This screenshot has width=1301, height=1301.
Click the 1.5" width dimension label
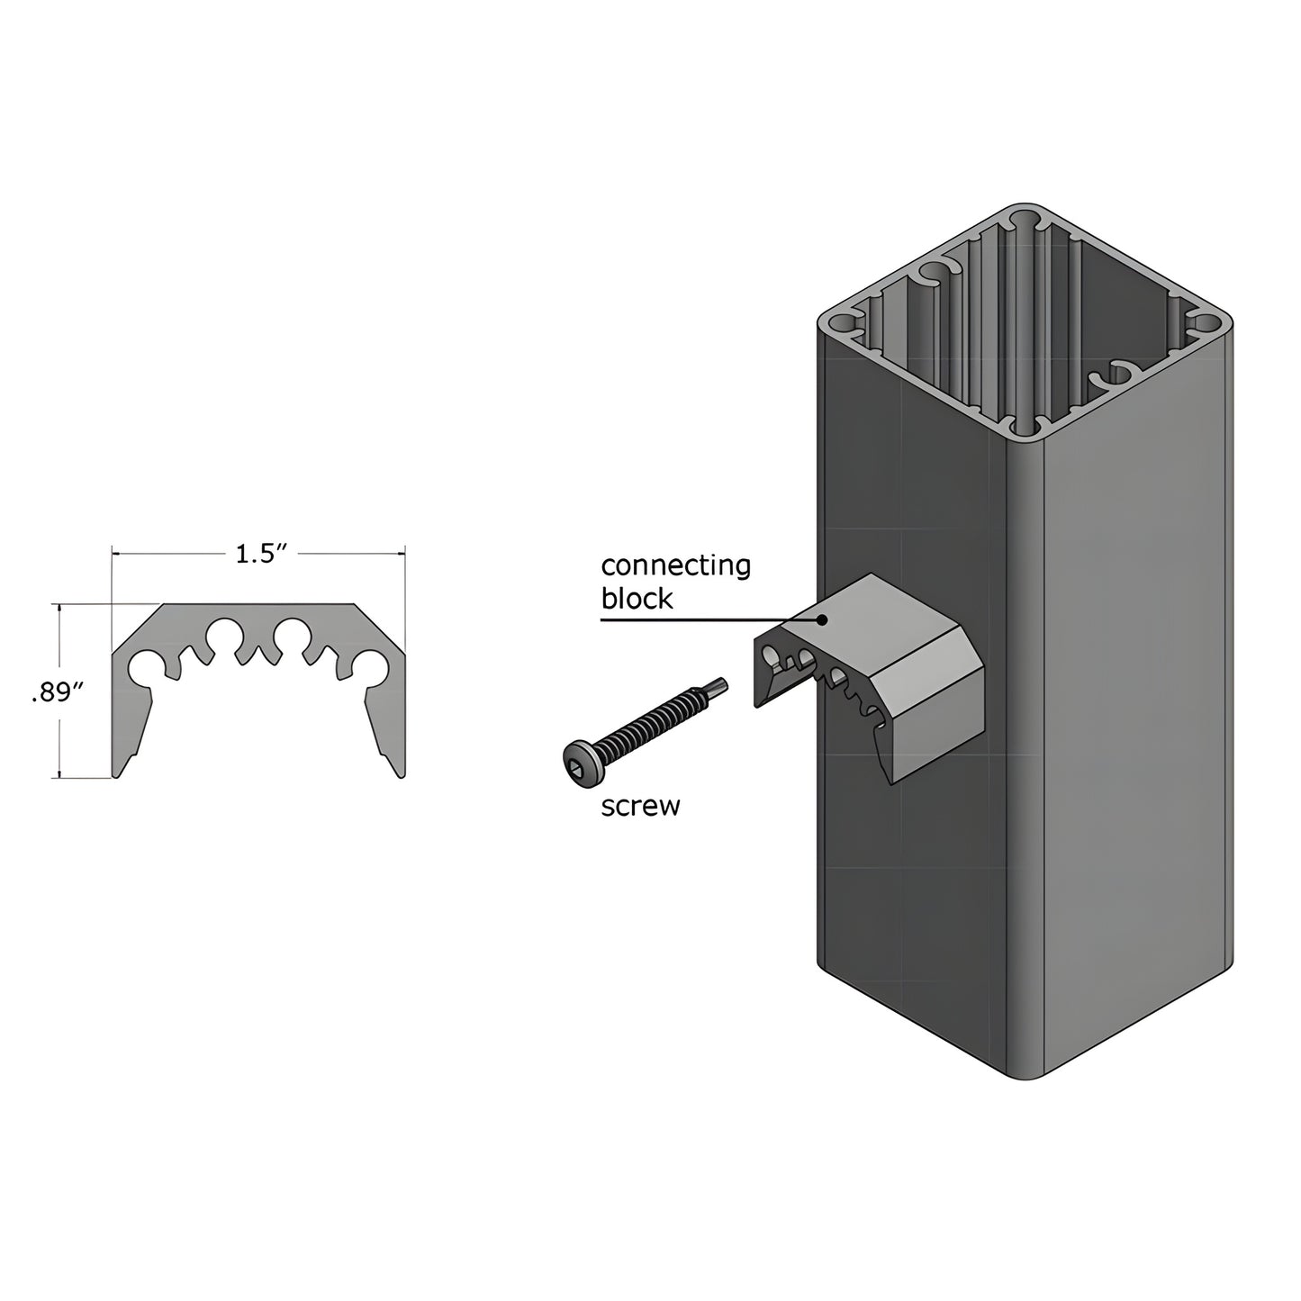pyautogui.click(x=259, y=555)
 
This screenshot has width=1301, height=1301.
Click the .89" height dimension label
pyautogui.click(x=58, y=691)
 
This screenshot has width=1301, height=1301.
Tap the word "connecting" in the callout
pyautogui.click(x=675, y=566)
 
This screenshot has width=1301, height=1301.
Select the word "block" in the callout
pyautogui.click(x=637, y=600)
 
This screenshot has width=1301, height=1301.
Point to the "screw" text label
pyautogui.click(x=640, y=806)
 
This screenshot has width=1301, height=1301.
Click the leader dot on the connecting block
pyautogui.click(x=821, y=619)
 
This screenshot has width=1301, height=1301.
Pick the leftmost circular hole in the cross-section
pyautogui.click(x=145, y=667)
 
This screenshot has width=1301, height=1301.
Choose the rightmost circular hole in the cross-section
pyautogui.click(x=370, y=667)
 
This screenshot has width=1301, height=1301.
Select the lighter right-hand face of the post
pyautogui.click(x=1134, y=720)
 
